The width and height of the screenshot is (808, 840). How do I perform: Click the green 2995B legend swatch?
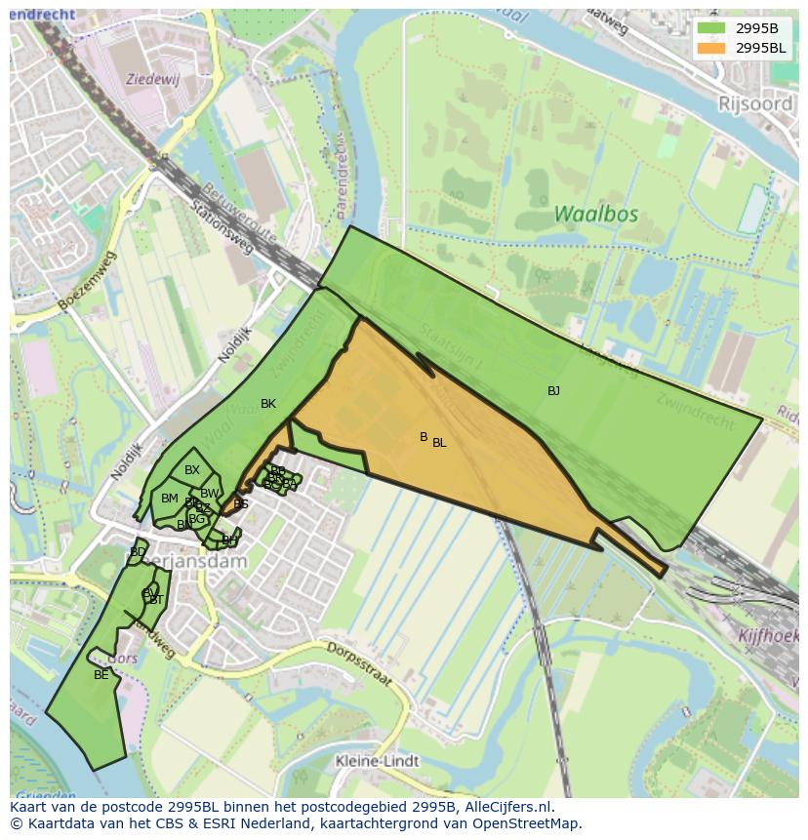coord(711,27)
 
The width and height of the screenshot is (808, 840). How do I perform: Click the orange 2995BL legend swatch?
coord(711,48)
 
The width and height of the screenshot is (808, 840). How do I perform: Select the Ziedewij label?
coord(153,78)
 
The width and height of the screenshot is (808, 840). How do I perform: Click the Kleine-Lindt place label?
coord(377,761)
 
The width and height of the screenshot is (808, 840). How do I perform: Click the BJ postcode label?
coord(553,391)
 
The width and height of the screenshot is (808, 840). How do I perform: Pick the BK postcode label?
coord(268,404)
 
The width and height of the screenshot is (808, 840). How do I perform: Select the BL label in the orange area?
coord(439,443)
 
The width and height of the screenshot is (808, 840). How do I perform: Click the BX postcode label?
coord(192,470)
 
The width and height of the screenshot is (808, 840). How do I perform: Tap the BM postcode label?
coord(170,499)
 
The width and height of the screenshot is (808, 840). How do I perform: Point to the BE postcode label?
coord(101,674)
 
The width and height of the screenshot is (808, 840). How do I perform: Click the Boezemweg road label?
coord(87,281)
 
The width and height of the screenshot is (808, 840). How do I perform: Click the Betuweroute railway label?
coord(240,214)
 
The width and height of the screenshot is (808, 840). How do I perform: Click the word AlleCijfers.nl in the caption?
coord(509,807)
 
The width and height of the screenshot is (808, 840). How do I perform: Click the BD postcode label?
coord(138,552)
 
